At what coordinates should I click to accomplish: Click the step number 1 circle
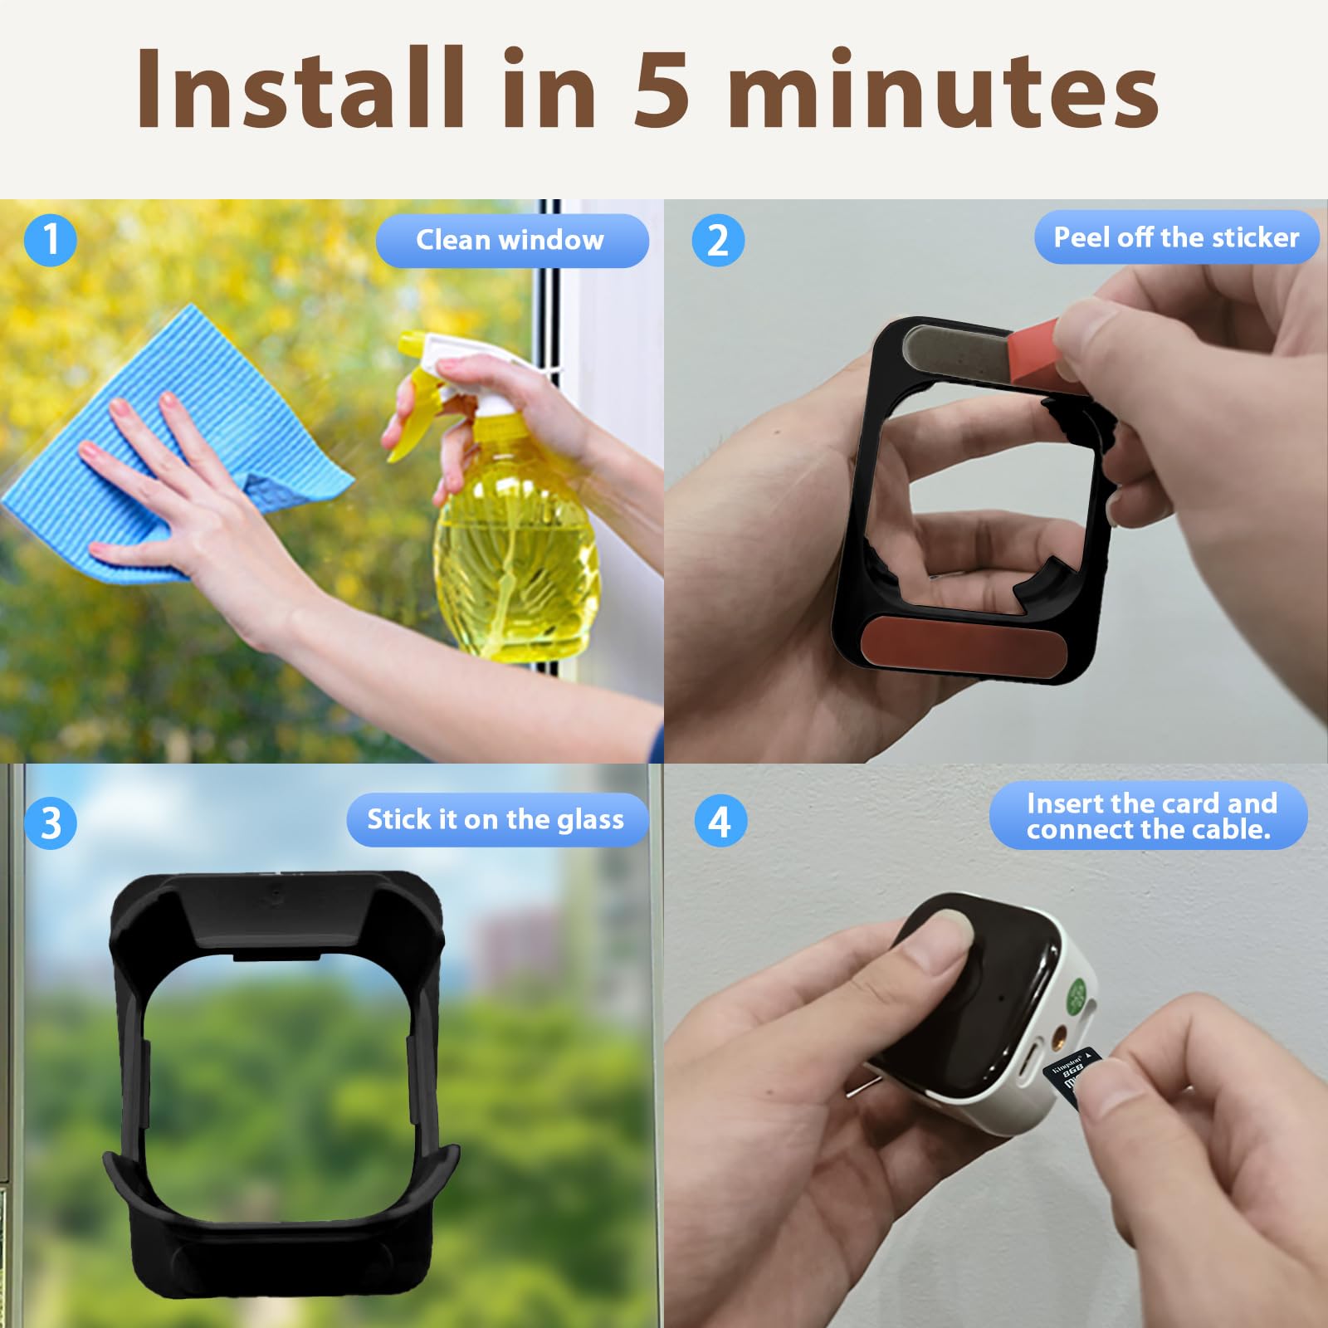[51, 240]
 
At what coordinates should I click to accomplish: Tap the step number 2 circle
[718, 240]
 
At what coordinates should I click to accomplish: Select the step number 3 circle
[51, 823]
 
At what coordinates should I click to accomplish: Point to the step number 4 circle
[720, 821]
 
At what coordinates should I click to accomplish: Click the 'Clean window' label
[511, 241]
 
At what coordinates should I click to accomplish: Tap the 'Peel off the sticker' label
[1176, 237]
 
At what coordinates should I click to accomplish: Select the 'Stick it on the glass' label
[496, 820]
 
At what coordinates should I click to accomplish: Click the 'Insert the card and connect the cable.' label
[1149, 816]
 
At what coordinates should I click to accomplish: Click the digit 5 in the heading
[662, 89]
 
